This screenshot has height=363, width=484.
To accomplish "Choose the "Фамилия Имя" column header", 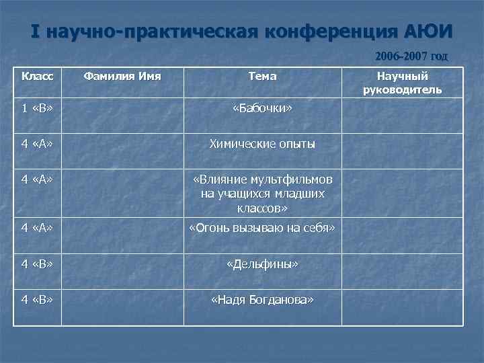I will click(122, 76).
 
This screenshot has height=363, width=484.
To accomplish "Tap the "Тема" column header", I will click(262, 76).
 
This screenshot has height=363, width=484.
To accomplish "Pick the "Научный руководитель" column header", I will click(402, 83).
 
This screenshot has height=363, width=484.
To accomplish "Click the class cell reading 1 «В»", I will click(37, 108).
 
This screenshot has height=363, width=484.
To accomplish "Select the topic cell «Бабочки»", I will click(262, 108).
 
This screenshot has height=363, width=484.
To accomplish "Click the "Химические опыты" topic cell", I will click(262, 144).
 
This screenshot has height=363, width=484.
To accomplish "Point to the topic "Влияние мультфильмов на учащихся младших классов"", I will click(262, 194).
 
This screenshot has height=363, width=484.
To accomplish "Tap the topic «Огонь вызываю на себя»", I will click(262, 228).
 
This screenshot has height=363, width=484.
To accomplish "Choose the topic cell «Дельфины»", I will click(262, 264).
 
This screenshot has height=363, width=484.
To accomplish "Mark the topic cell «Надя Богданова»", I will click(262, 300).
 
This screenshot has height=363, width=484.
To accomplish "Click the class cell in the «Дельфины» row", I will click(37, 264).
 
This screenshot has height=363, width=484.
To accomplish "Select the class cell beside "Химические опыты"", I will click(37, 144).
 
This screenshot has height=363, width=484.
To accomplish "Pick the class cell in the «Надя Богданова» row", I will click(37, 300).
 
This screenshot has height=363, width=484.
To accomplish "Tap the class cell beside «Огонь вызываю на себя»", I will click(37, 228).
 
